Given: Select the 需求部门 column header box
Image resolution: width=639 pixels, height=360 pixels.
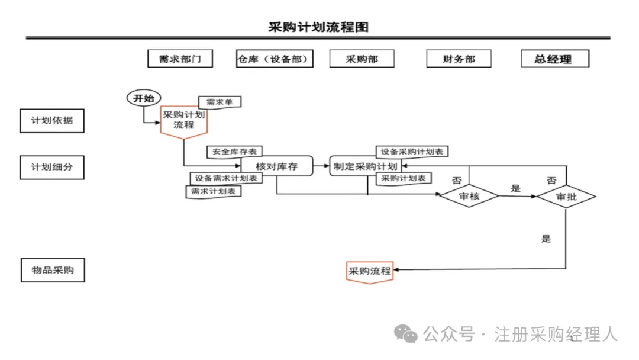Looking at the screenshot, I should tap(180, 59).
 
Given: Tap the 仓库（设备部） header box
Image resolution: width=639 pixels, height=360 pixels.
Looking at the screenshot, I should tap(275, 59).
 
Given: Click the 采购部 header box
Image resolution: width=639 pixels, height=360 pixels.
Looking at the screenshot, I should tap(362, 59).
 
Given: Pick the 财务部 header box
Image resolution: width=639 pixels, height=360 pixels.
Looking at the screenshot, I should tap(459, 59).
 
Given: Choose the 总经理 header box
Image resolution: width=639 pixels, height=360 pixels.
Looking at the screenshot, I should tap(555, 59).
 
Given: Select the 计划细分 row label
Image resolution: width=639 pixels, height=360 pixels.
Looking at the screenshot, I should tap(52, 167).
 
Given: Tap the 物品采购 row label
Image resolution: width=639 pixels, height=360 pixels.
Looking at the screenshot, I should tap(52, 270).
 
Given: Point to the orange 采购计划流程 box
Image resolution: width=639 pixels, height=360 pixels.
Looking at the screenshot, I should tap(184, 120).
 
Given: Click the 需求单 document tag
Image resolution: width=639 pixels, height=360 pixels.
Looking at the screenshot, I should tap(220, 102).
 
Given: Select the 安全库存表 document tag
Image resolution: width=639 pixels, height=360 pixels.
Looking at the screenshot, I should tap(235, 152).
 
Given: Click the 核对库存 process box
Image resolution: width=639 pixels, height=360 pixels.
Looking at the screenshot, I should tap(276, 166).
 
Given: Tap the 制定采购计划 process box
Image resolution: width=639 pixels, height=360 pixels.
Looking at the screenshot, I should tap(365, 166).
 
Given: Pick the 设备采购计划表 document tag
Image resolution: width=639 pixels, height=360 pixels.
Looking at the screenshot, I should tap(412, 152).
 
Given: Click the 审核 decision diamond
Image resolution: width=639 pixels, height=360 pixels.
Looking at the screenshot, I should tap(469, 197).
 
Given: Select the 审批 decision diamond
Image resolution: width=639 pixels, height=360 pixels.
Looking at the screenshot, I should tap(566, 197).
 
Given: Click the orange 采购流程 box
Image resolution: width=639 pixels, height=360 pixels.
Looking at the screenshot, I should tap(370, 271).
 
